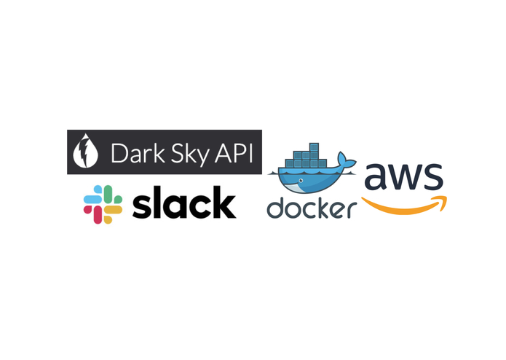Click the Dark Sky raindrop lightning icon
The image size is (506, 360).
85,151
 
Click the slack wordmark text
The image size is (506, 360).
184,203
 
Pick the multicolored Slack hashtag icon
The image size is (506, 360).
103,204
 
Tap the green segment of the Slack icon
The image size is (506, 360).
113,195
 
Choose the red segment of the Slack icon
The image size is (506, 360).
93,214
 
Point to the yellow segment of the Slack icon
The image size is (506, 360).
113,214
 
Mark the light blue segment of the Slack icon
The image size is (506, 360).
93,195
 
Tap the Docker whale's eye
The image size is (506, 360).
301,180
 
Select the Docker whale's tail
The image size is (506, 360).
346,160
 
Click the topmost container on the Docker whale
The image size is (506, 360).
314,147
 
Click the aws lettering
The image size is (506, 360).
403,177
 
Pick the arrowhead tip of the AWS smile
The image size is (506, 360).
446,197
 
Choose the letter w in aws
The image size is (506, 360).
403,177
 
